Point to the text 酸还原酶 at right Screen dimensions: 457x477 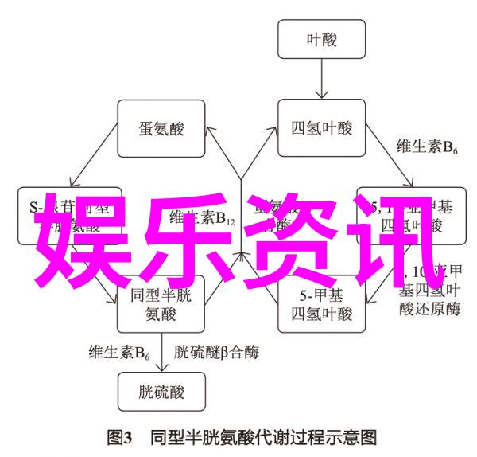[430, 310]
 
